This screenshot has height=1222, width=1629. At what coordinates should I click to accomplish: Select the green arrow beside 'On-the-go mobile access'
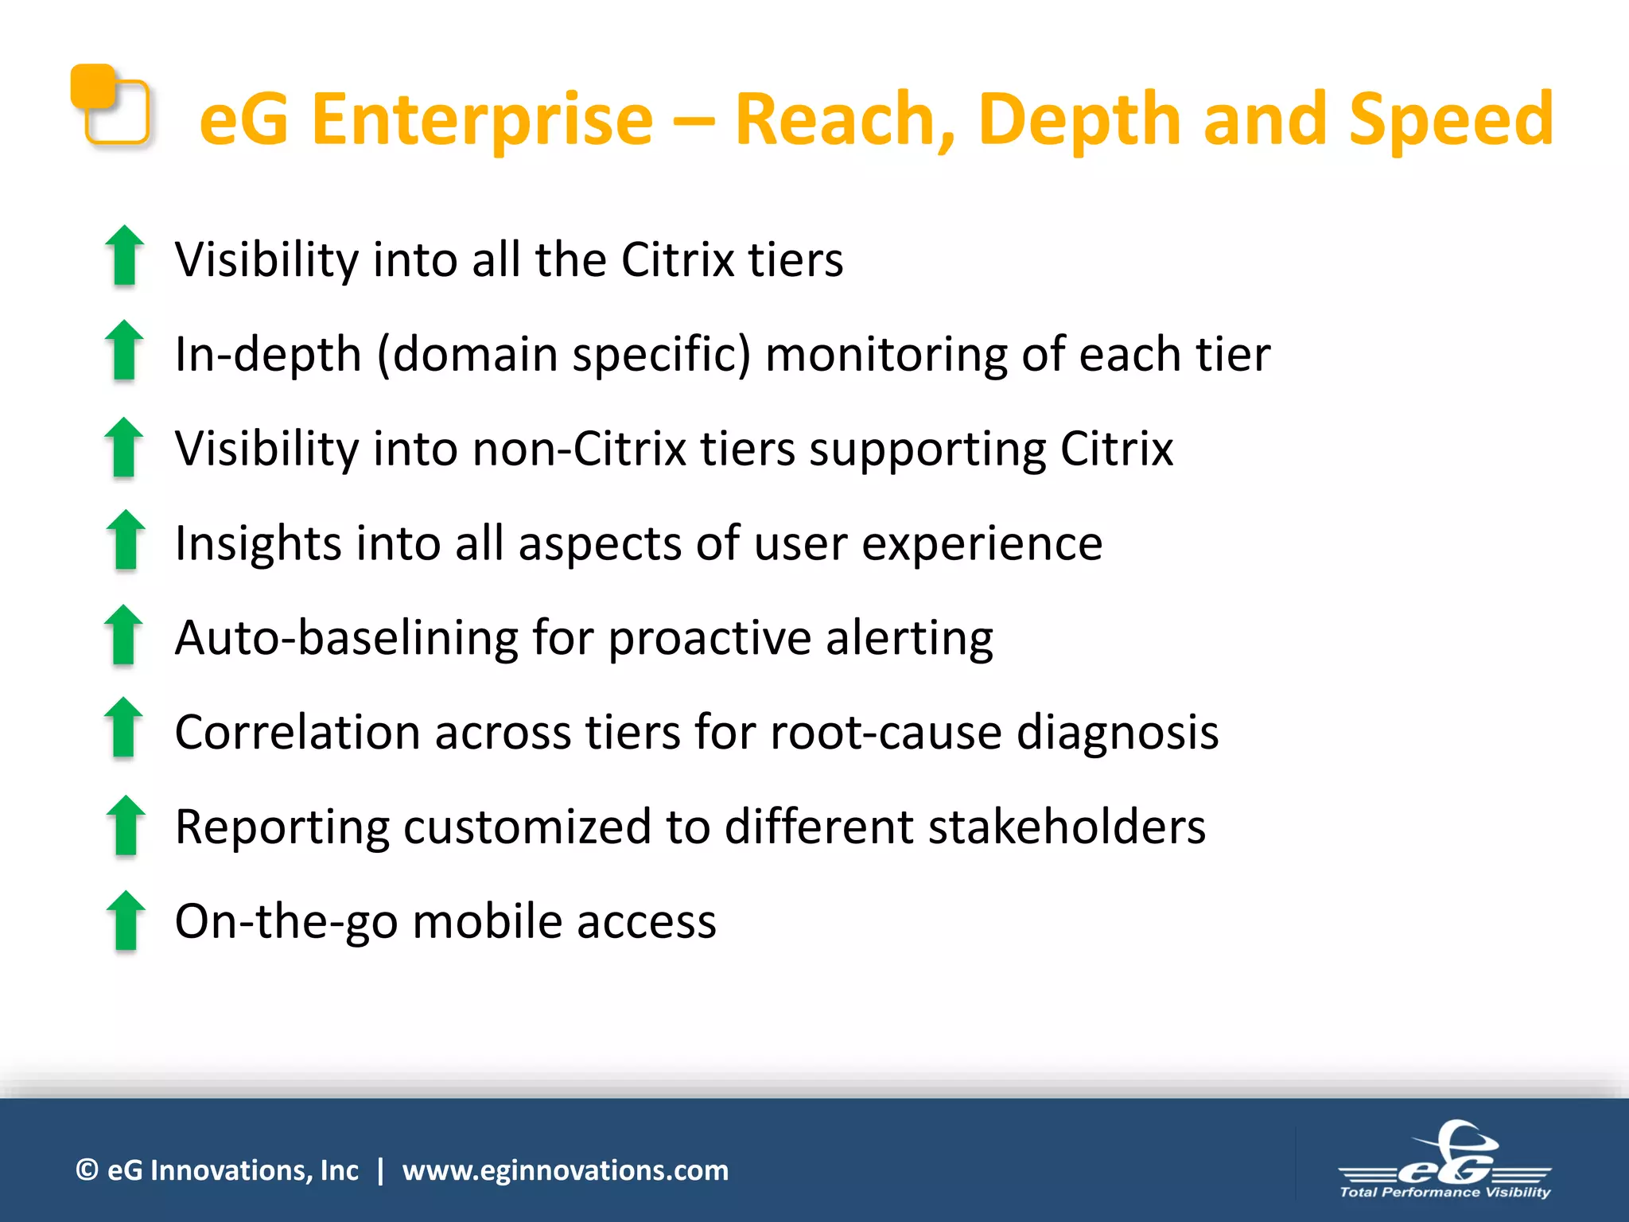pos(125,920)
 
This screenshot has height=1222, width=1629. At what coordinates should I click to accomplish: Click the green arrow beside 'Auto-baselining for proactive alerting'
pos(124,635)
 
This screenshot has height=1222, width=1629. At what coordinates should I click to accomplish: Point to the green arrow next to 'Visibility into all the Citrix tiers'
pos(124,256)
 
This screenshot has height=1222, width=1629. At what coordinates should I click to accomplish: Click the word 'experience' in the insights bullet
pos(982,543)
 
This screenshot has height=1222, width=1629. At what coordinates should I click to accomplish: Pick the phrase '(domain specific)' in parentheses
pos(563,354)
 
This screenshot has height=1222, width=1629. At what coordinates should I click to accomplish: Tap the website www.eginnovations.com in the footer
pos(565,1170)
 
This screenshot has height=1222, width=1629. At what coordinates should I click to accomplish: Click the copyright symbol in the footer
pos(87,1170)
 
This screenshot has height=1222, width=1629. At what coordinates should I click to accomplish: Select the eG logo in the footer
pos(1445,1154)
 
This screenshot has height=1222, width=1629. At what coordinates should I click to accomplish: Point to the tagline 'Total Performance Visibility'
pos(1445,1192)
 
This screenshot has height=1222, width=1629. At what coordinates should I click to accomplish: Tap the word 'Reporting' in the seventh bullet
pos(282,827)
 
